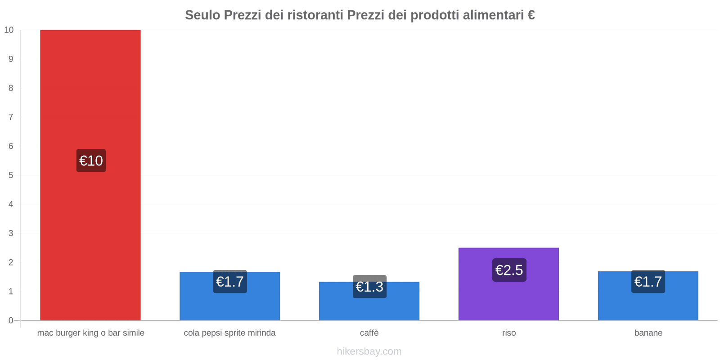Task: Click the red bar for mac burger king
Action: [90, 175]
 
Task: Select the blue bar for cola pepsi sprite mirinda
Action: [230, 296]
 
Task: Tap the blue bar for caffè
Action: [369, 301]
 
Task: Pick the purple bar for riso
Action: [509, 284]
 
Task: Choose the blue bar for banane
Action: [648, 296]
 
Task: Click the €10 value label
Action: [91, 160]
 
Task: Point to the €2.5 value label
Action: [509, 270]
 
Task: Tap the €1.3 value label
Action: [369, 286]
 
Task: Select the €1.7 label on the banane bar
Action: [648, 282]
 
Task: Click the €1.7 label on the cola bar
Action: [230, 282]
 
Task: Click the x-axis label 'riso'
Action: [509, 333]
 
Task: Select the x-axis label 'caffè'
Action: [369, 333]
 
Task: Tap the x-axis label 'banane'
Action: [648, 333]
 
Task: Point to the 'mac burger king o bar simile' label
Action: [90, 333]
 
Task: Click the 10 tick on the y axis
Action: [9, 30]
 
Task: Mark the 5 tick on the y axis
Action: [11, 175]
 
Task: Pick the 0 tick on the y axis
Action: [11, 320]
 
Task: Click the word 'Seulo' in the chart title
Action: [202, 15]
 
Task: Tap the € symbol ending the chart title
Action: [531, 15]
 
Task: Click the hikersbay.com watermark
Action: [369, 351]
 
